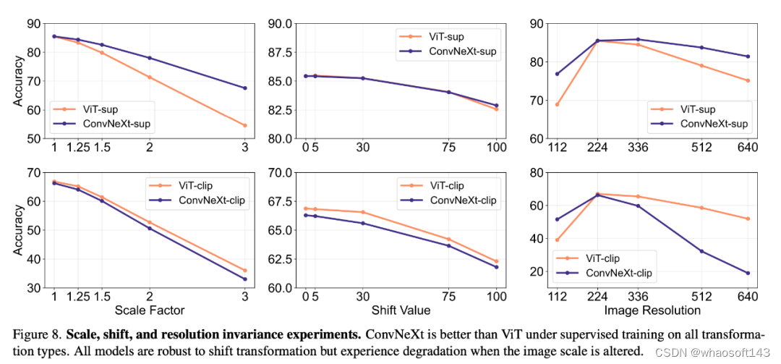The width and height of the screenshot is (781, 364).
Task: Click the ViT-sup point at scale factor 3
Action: click(245, 125)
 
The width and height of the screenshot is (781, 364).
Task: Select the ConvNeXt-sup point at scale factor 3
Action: click(245, 88)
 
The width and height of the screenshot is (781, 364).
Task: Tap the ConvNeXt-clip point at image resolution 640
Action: click(748, 273)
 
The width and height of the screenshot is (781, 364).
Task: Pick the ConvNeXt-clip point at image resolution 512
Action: click(701, 251)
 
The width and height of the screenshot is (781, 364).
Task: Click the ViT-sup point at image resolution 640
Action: click(748, 80)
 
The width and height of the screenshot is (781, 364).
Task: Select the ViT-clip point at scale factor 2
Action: click(150, 222)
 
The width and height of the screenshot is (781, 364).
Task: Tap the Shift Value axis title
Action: click(401, 310)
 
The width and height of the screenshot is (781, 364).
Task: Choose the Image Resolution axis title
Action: click(652, 310)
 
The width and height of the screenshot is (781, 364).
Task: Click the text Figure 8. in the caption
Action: click(35, 336)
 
